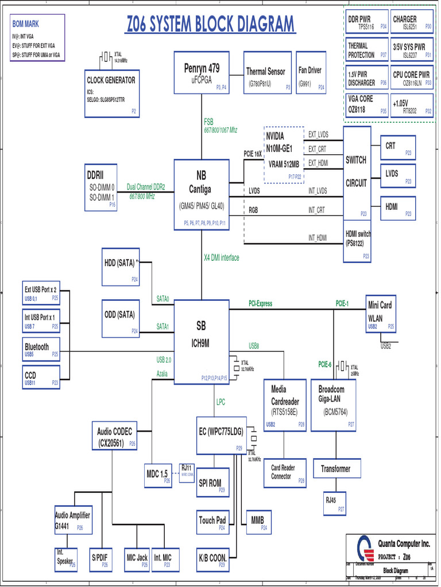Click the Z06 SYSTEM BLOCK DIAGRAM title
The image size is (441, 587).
pyautogui.click(x=210, y=25)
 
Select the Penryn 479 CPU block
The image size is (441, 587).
pyautogui.click(x=201, y=73)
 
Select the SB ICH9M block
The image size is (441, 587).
pyautogui.click(x=201, y=342)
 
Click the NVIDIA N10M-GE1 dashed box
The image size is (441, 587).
pyautogui.click(x=284, y=155)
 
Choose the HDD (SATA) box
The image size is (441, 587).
pyautogui.click(x=120, y=267)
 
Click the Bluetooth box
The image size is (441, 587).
pyautogui.click(x=40, y=349)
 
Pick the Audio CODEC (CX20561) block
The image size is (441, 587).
pyautogui.click(x=115, y=436)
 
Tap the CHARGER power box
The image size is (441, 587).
pyautogui.click(x=412, y=22)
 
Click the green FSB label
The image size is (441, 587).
pyautogui.click(x=208, y=122)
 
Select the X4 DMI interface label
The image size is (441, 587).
pyautogui.click(x=221, y=258)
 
